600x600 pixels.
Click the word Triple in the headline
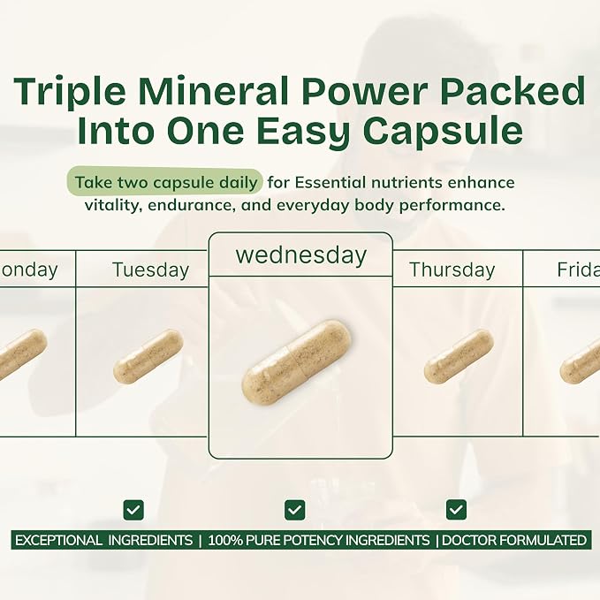(70, 92)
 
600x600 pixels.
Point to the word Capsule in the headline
(443, 130)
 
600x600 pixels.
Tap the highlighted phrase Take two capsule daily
(166, 183)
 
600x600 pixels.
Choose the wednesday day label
(301, 255)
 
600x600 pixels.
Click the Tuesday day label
(151, 270)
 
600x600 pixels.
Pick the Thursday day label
(452, 270)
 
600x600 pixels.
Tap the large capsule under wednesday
(297, 362)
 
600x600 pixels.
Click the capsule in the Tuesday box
(148, 357)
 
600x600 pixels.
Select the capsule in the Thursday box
(459, 356)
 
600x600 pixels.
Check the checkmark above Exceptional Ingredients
(133, 510)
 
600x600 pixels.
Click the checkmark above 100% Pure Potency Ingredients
(294, 510)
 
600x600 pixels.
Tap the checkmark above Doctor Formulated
(456, 510)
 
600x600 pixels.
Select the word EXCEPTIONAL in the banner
(58, 540)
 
